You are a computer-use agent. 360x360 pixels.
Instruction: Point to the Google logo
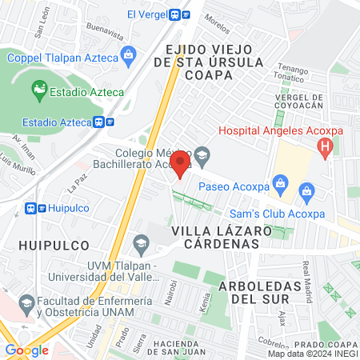[x=26, y=350]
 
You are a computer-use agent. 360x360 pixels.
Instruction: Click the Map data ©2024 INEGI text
[x=312, y=354]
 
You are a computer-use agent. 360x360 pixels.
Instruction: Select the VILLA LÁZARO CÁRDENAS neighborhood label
[x=216, y=238]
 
